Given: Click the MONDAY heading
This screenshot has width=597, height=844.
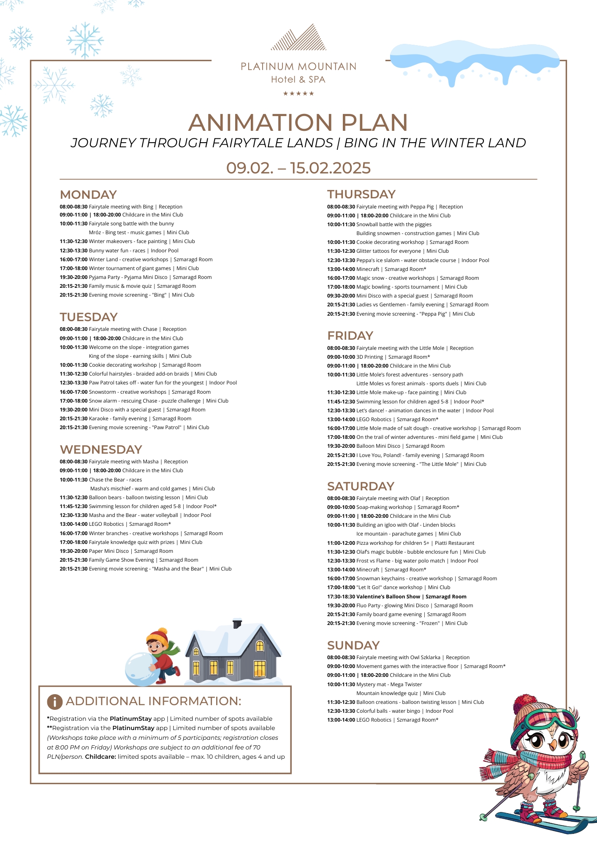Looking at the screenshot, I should [x=88, y=195].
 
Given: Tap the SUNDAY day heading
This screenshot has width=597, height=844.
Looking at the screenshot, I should [x=353, y=645].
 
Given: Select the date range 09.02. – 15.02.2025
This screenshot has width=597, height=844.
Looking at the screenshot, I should [x=298, y=168].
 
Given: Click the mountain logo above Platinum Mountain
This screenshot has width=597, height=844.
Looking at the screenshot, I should [x=298, y=38].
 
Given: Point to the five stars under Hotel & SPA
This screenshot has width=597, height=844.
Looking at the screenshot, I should [x=298, y=94].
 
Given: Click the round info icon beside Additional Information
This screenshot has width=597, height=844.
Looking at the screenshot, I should [x=55, y=701].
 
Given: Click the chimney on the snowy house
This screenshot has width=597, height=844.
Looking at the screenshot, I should [x=237, y=623].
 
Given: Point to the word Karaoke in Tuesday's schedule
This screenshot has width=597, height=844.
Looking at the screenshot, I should [x=99, y=419].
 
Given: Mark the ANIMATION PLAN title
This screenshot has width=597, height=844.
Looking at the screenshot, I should [x=298, y=122].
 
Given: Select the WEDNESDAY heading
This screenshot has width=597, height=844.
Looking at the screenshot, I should [x=101, y=449].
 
